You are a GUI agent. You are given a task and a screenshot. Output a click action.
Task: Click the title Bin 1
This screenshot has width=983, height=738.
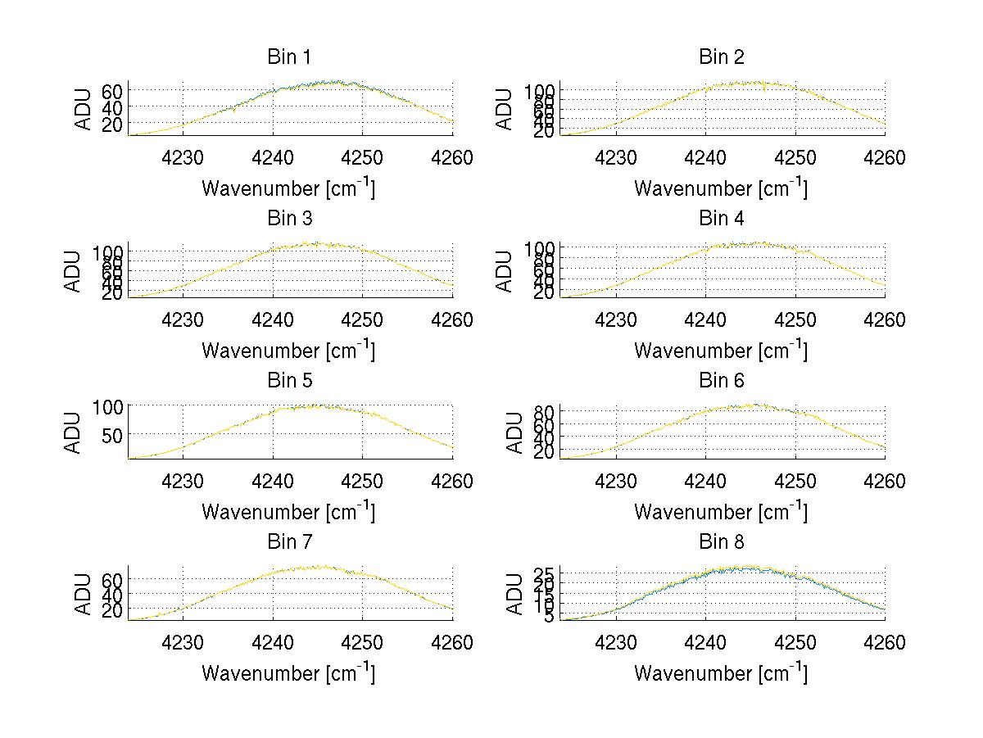[x=288, y=57]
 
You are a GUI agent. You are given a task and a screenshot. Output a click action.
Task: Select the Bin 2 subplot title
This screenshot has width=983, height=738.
[x=721, y=57]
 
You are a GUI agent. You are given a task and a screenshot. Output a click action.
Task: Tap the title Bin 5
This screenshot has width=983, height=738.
[x=288, y=381]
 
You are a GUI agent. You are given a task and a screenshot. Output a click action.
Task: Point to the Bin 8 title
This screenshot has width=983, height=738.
[x=721, y=542]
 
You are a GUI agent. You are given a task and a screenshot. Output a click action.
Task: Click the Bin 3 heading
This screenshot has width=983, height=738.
[x=288, y=219]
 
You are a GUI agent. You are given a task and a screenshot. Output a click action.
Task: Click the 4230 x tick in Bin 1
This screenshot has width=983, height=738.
[x=183, y=158]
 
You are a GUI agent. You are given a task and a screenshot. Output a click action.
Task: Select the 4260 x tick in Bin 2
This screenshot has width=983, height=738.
[x=885, y=158]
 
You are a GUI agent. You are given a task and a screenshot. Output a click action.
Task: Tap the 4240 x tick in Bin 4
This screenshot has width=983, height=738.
[x=705, y=319]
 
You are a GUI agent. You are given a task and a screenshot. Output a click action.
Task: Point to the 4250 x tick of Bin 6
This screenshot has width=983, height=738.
[x=795, y=482]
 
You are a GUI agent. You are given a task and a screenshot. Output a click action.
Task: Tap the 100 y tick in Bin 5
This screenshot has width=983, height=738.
[x=107, y=406]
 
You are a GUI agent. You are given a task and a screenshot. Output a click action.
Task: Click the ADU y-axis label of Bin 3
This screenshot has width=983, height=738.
[x=74, y=271]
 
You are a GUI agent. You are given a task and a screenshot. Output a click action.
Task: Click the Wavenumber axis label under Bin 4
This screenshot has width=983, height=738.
[x=721, y=350]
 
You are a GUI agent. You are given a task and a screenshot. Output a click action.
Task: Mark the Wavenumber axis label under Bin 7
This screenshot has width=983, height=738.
[x=288, y=673]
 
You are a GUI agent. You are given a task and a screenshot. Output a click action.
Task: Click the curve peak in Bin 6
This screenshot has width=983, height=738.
[x=754, y=405]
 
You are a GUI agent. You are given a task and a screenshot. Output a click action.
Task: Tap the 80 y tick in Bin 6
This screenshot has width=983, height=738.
[x=544, y=411]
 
